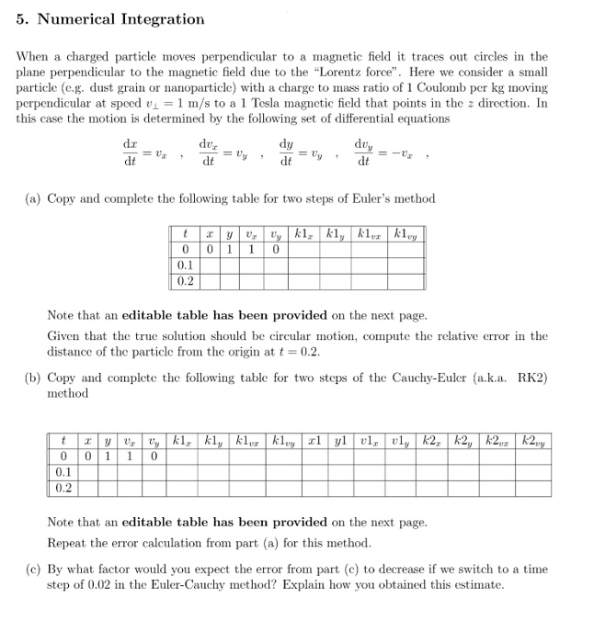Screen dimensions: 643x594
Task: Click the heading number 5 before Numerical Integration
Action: (x=22, y=19)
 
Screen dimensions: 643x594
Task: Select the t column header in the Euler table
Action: (x=187, y=234)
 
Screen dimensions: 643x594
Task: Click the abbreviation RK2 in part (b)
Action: (x=531, y=377)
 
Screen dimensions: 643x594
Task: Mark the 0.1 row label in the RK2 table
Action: (x=62, y=474)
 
